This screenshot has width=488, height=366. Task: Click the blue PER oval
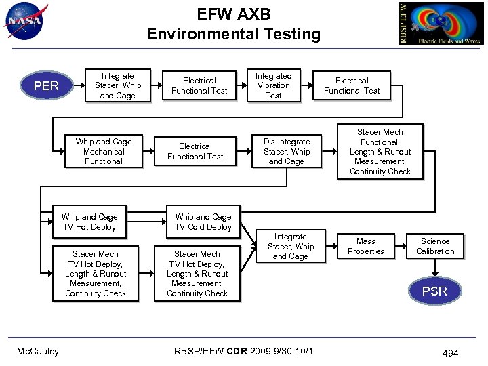(x=46, y=86)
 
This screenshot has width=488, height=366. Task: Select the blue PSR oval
(x=434, y=291)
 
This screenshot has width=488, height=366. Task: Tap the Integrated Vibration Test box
(x=273, y=85)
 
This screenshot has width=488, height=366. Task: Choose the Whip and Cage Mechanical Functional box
(x=104, y=151)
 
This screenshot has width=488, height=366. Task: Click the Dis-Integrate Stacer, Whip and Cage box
(x=286, y=152)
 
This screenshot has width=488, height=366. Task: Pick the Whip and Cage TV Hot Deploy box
(x=89, y=222)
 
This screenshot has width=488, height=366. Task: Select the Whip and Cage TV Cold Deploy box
(x=203, y=222)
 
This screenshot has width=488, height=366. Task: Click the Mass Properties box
(x=366, y=246)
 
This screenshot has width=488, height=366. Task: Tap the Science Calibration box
(x=435, y=246)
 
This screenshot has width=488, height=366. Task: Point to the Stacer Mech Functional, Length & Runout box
(x=380, y=152)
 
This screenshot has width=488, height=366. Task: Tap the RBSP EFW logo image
(x=440, y=23)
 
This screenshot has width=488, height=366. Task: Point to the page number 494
(x=450, y=353)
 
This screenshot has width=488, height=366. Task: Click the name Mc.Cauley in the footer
(x=38, y=351)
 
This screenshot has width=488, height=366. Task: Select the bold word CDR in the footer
(x=237, y=351)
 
